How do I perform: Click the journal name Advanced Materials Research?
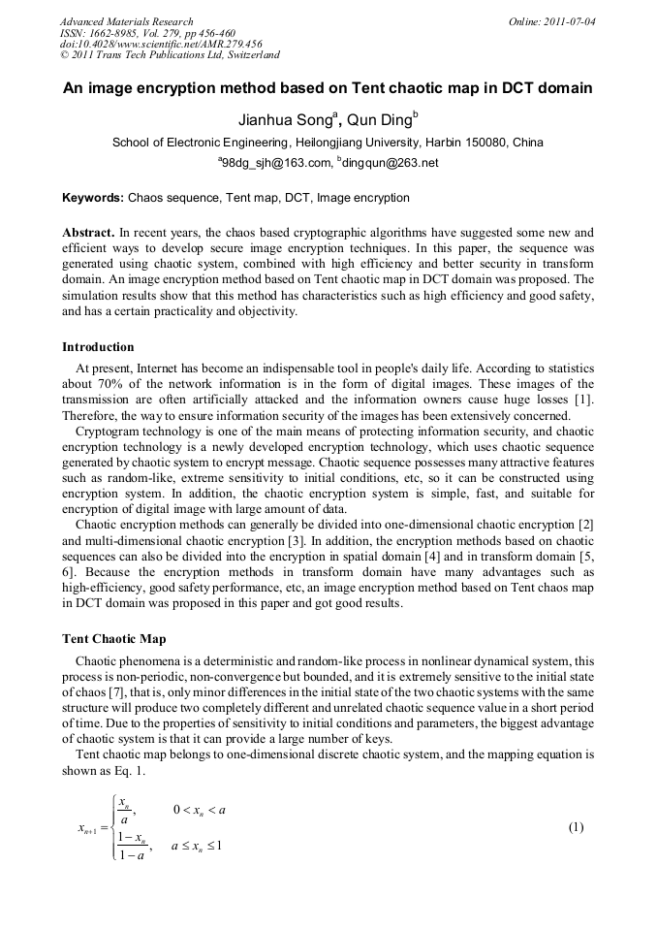pos(126,21)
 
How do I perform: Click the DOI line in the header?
pos(161,44)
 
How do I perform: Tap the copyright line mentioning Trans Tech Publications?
pos(170,55)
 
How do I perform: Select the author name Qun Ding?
pos(384,120)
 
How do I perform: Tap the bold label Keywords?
pos(93,198)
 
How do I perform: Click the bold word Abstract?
pos(89,234)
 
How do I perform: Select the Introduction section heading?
pos(98,346)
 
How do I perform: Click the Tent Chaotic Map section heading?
pos(113,639)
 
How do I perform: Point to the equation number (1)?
pos(576,827)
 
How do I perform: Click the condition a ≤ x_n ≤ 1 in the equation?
pos(198,846)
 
